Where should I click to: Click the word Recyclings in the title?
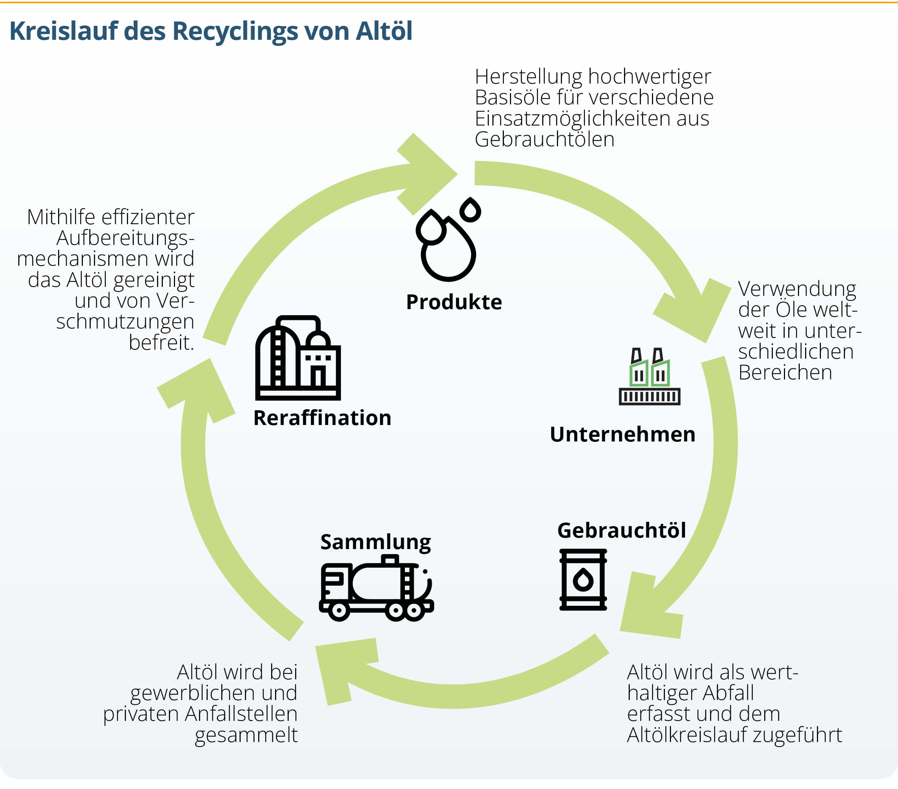click(235, 32)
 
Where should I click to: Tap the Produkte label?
click(453, 302)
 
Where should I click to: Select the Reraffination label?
click(322, 418)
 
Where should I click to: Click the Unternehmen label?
click(622, 434)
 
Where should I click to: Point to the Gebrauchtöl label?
click(621, 531)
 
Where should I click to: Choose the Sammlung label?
click(375, 542)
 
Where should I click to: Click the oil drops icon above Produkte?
click(448, 240)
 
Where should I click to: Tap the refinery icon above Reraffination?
click(298, 358)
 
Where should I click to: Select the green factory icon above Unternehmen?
click(649, 377)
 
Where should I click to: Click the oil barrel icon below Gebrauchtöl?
click(583, 580)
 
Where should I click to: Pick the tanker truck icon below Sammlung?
click(376, 588)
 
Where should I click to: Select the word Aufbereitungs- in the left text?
click(125, 238)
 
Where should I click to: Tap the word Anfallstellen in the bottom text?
click(241, 714)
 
